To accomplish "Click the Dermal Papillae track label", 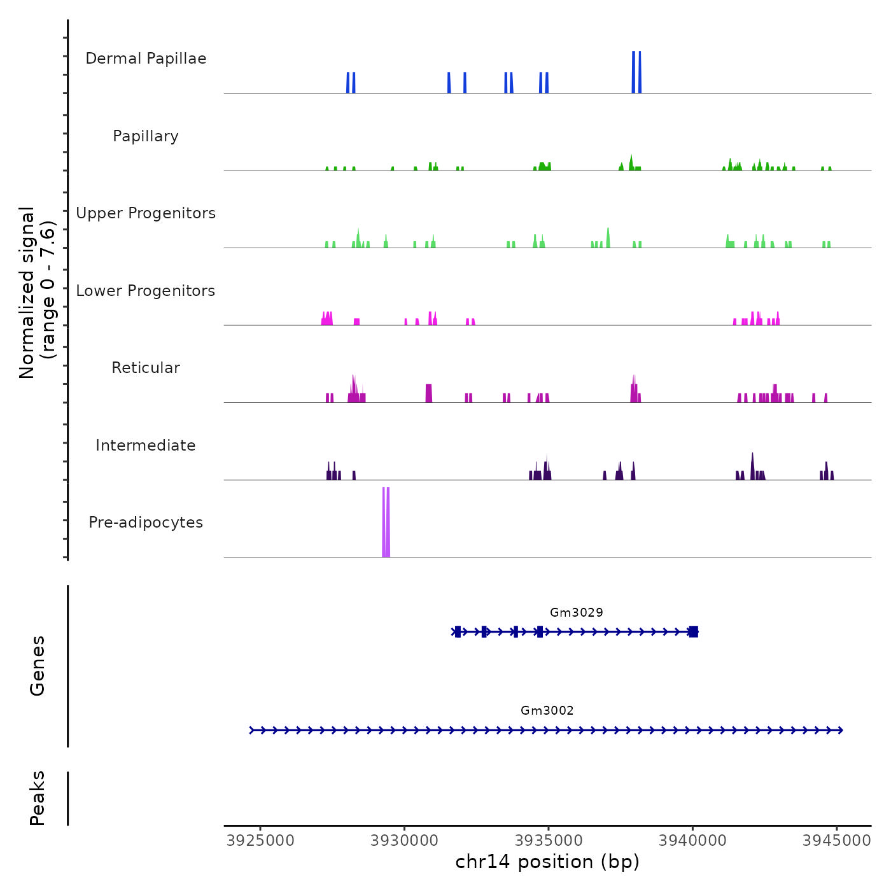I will [x=146, y=59].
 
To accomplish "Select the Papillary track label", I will [x=146, y=136].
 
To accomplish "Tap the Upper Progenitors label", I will [x=146, y=213].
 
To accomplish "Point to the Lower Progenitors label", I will [x=146, y=291].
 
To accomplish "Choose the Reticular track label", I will [x=146, y=368].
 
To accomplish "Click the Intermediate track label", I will [x=146, y=445].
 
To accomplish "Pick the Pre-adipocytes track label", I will [x=146, y=523].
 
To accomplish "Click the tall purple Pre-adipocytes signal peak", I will [x=386, y=522].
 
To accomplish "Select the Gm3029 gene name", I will [x=577, y=612].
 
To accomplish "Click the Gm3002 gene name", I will [x=547, y=710].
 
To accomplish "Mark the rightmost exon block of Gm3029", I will [x=694, y=631].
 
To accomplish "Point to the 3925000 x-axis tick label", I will [x=261, y=841].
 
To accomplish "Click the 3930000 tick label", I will [x=405, y=841].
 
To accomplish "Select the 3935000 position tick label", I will [x=549, y=841].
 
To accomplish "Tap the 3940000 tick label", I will [x=693, y=841].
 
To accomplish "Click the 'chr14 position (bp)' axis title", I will [x=547, y=862].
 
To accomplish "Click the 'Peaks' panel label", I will [x=38, y=798].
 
